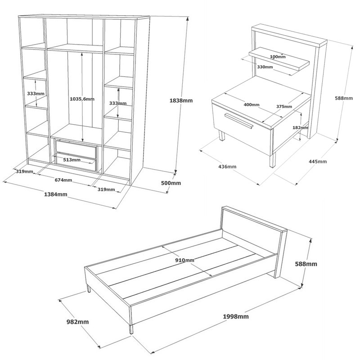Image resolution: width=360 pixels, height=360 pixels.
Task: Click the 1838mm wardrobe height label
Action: pyautogui.click(x=181, y=100)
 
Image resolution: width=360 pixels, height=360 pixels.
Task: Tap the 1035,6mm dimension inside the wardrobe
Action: pyautogui.click(x=82, y=99)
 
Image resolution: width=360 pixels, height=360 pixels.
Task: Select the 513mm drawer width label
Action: pyautogui.click(x=72, y=160)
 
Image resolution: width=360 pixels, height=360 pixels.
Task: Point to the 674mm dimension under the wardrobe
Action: pyautogui.click(x=63, y=180)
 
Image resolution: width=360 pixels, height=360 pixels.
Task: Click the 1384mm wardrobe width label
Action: pyautogui.click(x=55, y=194)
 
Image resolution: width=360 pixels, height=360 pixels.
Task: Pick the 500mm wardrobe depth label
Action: pyautogui.click(x=171, y=183)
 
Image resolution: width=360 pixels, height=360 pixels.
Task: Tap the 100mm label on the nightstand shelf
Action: pyautogui.click(x=278, y=57)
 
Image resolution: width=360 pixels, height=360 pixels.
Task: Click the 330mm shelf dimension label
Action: pyautogui.click(x=265, y=67)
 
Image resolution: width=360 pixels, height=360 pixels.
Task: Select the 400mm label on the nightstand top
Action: pyautogui.click(x=252, y=105)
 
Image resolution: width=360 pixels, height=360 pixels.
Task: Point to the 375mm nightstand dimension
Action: pyautogui.click(x=284, y=107)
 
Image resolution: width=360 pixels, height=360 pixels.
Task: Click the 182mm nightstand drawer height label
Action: pyautogui.click(x=300, y=128)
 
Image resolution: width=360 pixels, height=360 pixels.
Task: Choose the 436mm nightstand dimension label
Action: pyautogui.click(x=227, y=166)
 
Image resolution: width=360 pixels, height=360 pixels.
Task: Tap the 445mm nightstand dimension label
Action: pyautogui.click(x=318, y=162)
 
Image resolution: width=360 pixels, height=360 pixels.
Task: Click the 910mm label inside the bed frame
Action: pyautogui.click(x=184, y=260)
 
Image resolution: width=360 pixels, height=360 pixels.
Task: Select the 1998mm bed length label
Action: pyautogui.click(x=236, y=316)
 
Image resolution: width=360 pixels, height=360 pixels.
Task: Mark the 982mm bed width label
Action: pyautogui.click(x=77, y=322)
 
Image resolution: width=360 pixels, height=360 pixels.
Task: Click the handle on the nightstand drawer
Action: pyautogui.click(x=239, y=121)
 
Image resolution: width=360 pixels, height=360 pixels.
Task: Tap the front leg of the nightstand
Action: pyautogui.click(x=273, y=160)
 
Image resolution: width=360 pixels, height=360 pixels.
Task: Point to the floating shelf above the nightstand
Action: pyautogui.click(x=279, y=61)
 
